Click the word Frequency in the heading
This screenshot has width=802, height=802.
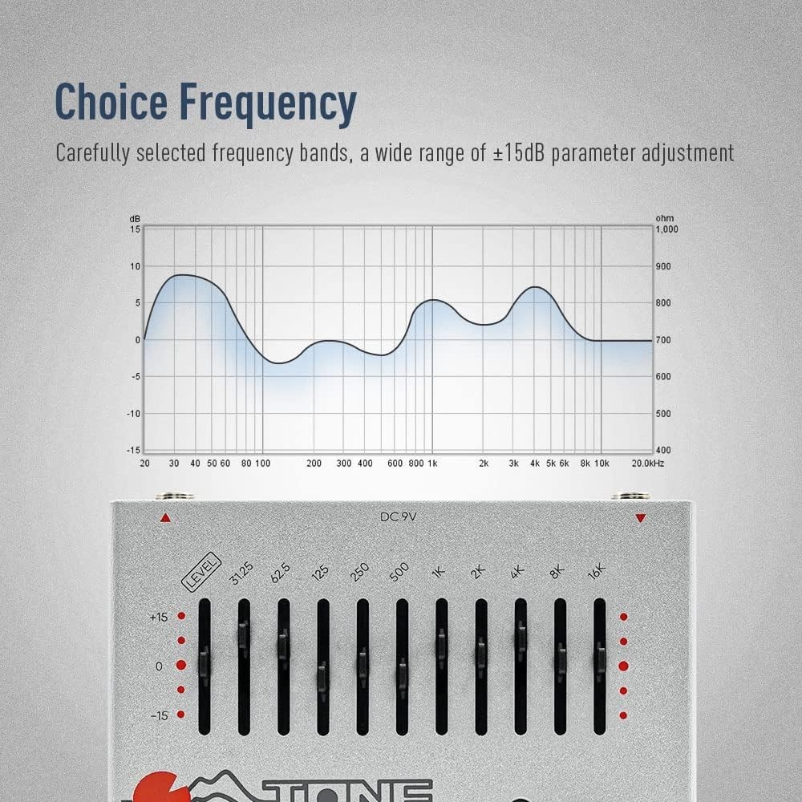pyautogui.click(x=267, y=103)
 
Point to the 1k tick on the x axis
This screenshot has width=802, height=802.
pyautogui.click(x=432, y=463)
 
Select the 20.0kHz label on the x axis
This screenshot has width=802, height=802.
pyautogui.click(x=646, y=463)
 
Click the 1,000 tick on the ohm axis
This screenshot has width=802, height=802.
pyautogui.click(x=667, y=229)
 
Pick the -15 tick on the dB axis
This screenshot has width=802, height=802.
pyautogui.click(x=135, y=450)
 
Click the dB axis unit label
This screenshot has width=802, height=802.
pyautogui.click(x=135, y=218)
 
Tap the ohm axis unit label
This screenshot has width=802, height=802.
pyautogui.click(x=664, y=218)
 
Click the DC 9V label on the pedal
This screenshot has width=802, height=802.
pyautogui.click(x=399, y=517)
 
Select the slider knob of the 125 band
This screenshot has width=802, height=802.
pyautogui.click(x=322, y=675)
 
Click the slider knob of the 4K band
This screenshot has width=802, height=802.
pyautogui.click(x=520, y=636)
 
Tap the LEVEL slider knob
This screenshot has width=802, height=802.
pyautogui.click(x=205, y=664)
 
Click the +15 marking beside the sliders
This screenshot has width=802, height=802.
pyautogui.click(x=158, y=617)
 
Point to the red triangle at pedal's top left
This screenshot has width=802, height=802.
pyautogui.click(x=165, y=518)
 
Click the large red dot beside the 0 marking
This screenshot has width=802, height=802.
pyautogui.click(x=180, y=666)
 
